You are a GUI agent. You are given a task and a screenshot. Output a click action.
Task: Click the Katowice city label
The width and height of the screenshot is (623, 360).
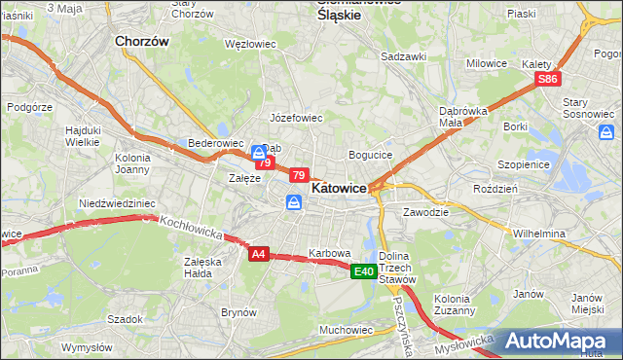[x=339, y=187]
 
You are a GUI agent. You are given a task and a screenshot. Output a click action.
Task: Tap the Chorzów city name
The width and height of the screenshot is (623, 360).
[x=142, y=42]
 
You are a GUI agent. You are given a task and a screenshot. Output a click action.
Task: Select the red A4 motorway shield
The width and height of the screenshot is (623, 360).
[x=258, y=254]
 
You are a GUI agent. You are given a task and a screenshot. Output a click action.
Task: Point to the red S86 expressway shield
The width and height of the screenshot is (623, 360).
[x=549, y=79]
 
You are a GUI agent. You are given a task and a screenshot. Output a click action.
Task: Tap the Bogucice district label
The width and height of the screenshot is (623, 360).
[x=370, y=155]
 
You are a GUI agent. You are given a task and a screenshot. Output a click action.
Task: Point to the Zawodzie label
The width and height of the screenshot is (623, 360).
[x=425, y=211]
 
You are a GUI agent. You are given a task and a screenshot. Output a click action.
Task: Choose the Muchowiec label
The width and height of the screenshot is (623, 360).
[x=347, y=330]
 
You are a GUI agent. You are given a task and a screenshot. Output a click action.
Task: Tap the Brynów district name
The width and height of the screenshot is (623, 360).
[x=238, y=312]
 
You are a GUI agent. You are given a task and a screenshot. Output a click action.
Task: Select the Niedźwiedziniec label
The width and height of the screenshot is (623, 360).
[x=117, y=203]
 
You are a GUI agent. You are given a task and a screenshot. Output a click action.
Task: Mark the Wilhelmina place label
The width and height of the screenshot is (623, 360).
[x=539, y=234]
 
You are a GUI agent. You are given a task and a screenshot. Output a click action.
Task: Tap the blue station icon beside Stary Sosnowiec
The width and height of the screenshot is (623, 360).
[x=607, y=131]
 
